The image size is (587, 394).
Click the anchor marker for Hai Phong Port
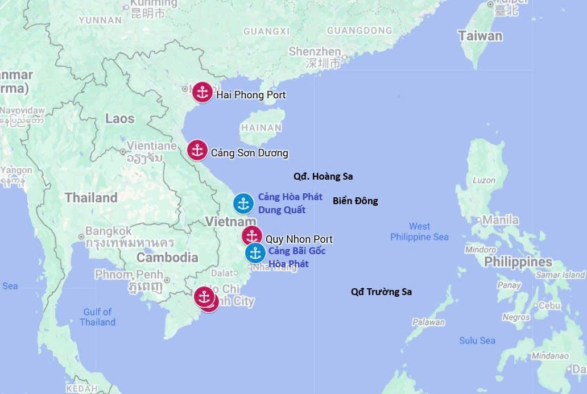202,92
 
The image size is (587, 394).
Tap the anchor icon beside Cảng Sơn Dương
197,150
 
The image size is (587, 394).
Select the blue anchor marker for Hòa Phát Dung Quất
243,204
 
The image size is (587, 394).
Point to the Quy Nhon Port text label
299,239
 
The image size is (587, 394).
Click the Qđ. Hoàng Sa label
323,176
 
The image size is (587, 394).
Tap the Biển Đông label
355,201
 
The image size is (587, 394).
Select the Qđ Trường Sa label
381,292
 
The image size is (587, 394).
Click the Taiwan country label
481,36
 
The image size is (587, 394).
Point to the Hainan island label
262,128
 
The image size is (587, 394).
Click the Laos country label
119,119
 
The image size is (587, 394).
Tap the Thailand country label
91,198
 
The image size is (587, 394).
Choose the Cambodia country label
167,257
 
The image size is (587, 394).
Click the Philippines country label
518,262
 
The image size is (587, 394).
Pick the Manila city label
501,219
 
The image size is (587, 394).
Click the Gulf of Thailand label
98,317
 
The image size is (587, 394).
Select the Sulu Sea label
477,341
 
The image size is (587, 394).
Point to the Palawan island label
429,322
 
